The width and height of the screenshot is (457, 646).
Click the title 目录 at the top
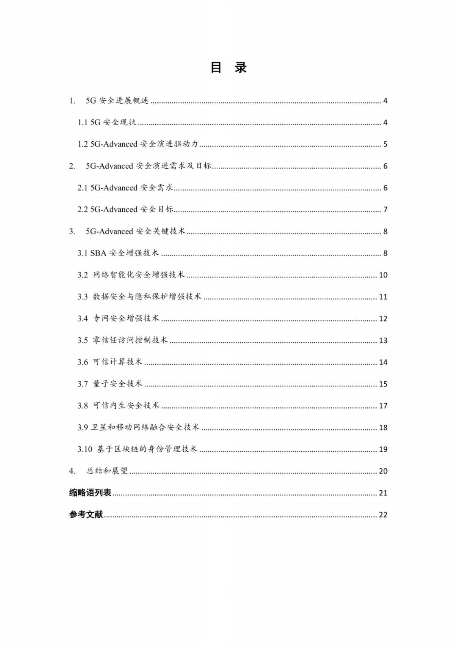click(228, 68)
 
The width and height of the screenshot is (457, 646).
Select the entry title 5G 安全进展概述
click(117, 101)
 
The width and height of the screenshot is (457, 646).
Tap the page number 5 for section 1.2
click(385, 144)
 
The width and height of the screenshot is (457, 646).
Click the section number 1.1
click(83, 123)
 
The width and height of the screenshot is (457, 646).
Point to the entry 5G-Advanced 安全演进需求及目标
click(148, 166)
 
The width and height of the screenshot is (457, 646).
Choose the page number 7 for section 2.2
click(385, 210)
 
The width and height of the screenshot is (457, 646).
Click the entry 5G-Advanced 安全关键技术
click(135, 231)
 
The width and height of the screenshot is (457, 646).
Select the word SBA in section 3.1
click(98, 253)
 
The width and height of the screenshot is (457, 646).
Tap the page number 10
click(383, 275)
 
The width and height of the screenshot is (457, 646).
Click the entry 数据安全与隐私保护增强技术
click(147, 297)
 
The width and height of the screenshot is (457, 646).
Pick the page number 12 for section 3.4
click(383, 319)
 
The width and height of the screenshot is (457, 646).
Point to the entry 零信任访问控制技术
click(130, 340)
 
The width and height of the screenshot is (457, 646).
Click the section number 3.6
click(83, 363)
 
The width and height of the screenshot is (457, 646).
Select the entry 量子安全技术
click(117, 384)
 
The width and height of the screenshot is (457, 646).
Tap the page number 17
click(383, 406)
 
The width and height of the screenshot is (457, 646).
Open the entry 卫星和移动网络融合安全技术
click(145, 427)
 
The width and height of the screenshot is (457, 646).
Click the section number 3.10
click(85, 450)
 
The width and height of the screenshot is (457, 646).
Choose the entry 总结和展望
click(107, 471)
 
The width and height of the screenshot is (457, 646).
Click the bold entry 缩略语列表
click(90, 493)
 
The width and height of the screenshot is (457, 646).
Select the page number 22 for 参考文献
click(383, 515)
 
